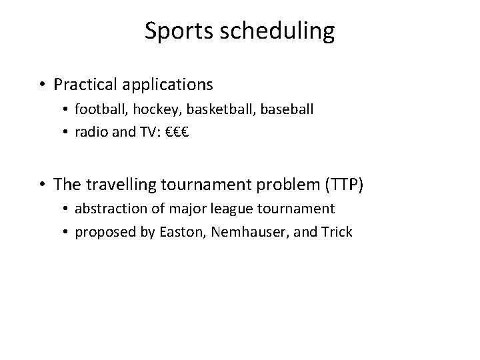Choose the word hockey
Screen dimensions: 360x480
(x=145, y=108)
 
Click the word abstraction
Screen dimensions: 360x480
(x=108, y=209)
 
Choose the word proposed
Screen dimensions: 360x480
(x=101, y=232)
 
